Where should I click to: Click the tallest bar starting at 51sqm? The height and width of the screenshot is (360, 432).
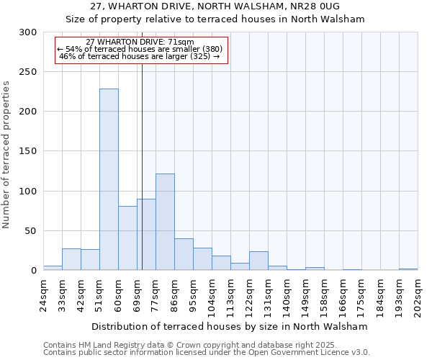pos(109,180)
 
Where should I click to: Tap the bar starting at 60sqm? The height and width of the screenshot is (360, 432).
pos(127,238)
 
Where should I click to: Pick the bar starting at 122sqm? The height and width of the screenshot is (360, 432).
pos(258,261)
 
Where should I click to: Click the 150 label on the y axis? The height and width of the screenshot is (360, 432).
pos(28,151)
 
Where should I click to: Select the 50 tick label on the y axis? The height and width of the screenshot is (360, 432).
pos(31,231)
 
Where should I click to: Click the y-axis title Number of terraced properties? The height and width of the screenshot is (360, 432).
pos(6,155)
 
